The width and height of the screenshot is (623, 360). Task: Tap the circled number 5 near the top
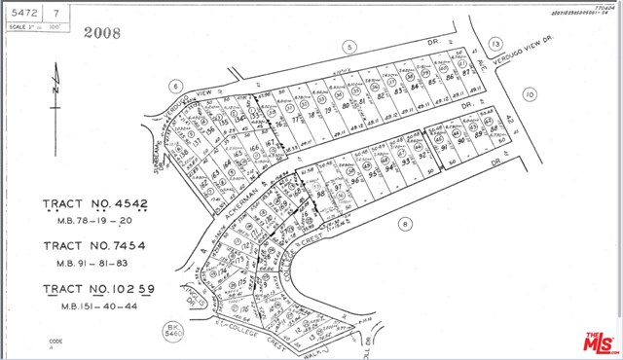[347, 47]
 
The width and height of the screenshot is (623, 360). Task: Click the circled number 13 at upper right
[495, 45]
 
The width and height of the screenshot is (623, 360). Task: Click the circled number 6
[175, 85]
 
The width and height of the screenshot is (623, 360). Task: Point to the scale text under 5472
[37, 26]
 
